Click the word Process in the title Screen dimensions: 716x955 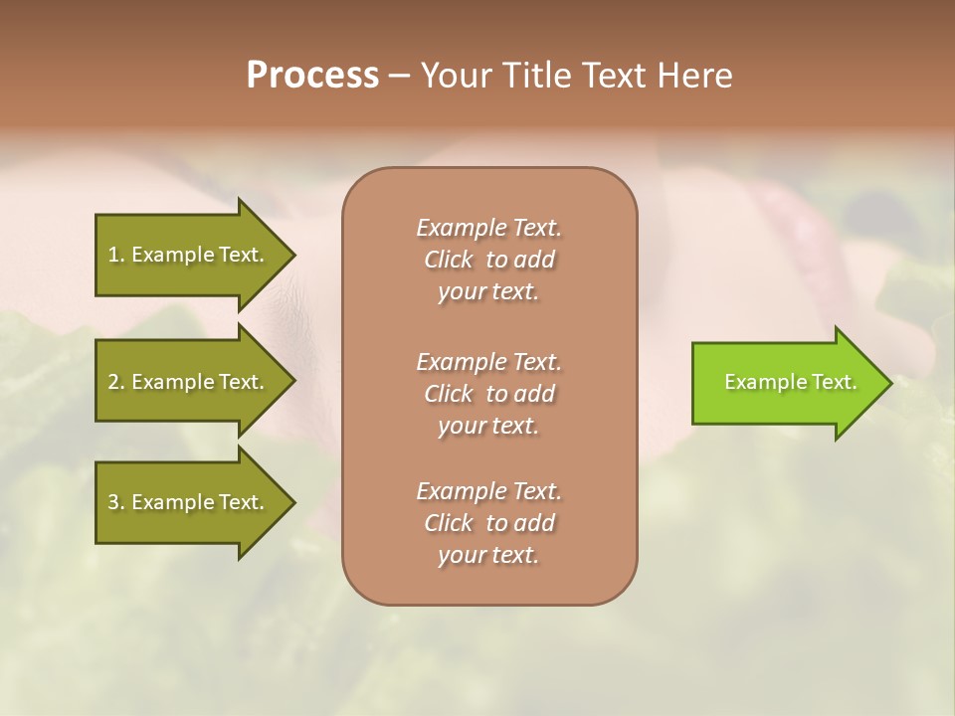point(312,76)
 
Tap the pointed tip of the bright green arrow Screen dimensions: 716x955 point(887,383)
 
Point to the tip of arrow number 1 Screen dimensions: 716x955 point(292,255)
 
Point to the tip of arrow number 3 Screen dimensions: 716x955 point(292,502)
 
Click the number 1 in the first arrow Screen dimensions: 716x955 point(113,255)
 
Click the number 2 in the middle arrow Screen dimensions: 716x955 point(113,382)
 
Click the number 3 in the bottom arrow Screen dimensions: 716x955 point(113,502)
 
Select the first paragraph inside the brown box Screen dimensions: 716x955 point(488,260)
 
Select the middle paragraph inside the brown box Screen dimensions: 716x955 point(488,394)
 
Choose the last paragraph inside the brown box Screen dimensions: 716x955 point(488,523)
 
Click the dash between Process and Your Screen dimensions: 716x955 point(399,76)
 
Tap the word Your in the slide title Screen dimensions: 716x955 point(455,76)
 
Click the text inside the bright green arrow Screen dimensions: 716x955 point(790,382)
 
